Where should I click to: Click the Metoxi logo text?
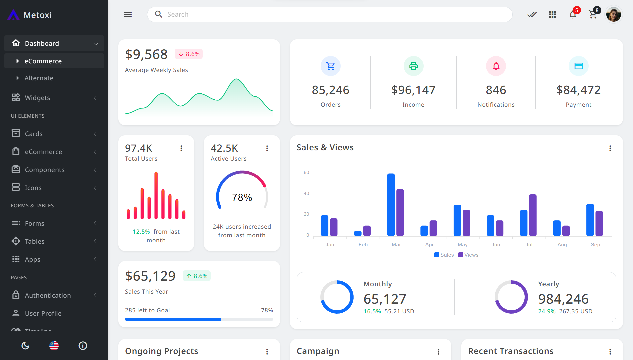click(37, 15)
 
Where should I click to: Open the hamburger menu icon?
click(128, 14)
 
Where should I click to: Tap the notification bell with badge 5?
click(573, 14)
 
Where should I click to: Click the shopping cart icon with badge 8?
click(593, 15)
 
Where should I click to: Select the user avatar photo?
click(613, 15)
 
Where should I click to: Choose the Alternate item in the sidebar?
click(39, 78)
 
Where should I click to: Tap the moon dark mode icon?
click(25, 346)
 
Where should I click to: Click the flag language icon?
click(54, 346)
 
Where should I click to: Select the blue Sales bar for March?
click(391, 205)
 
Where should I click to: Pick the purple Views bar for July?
click(533, 215)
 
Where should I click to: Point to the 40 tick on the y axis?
click(306, 193)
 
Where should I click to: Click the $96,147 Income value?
click(413, 90)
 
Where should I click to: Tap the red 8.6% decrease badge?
click(189, 54)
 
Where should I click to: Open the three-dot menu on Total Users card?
click(181, 148)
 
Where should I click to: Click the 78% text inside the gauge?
click(242, 197)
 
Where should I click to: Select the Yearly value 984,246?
click(563, 299)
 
